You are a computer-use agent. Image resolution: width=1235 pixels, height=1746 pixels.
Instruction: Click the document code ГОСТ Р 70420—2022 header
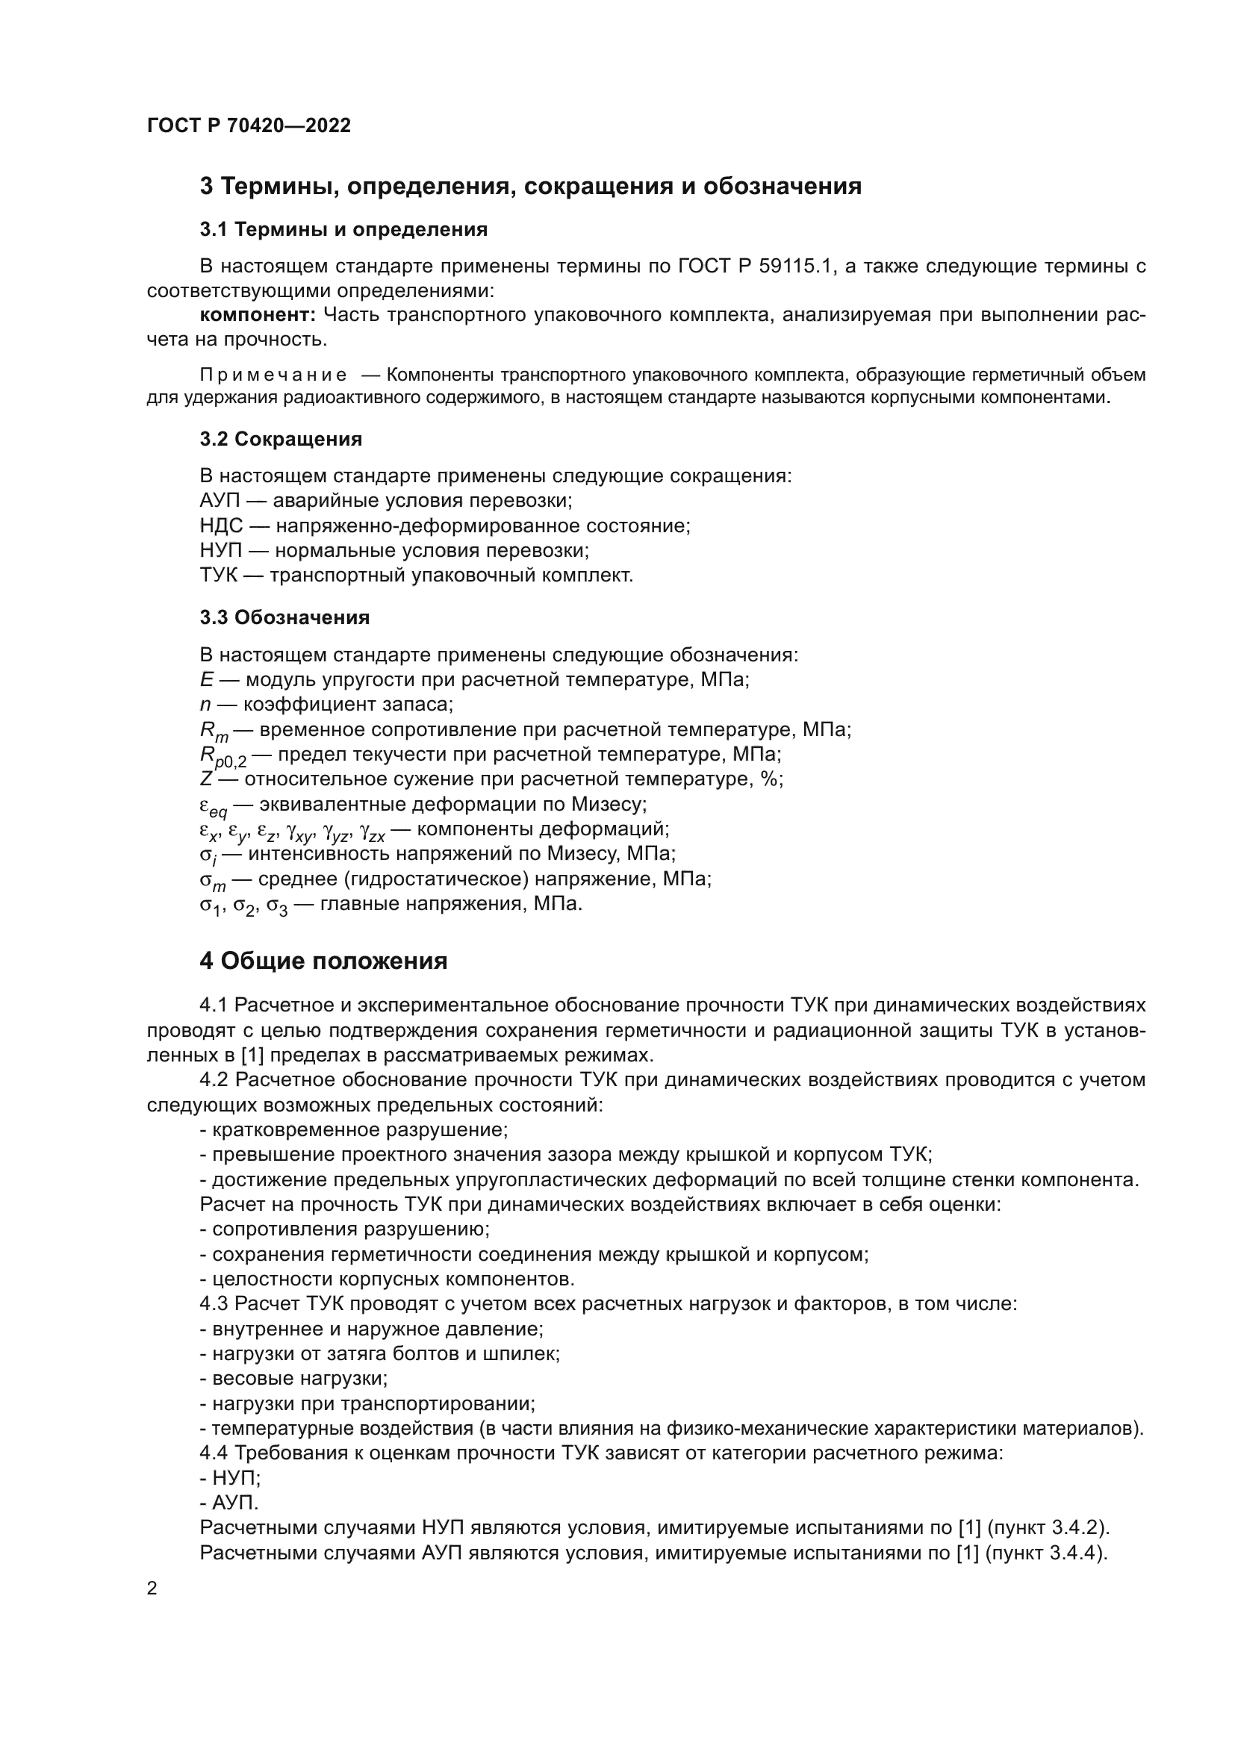[x=249, y=125]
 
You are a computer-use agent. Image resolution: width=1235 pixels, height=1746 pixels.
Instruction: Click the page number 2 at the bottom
[x=152, y=1588]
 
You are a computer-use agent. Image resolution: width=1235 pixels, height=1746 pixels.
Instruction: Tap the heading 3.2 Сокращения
[x=281, y=439]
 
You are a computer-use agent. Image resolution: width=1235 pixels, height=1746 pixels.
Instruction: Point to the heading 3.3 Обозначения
[x=284, y=617]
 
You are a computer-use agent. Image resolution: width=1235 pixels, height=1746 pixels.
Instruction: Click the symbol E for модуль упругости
[x=206, y=679]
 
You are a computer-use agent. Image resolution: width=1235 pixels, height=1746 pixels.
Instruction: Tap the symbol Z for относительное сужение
[x=206, y=779]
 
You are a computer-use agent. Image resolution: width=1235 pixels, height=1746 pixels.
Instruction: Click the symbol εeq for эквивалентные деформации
[x=213, y=806]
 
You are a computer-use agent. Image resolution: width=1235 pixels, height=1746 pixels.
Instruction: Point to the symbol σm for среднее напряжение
[x=213, y=881]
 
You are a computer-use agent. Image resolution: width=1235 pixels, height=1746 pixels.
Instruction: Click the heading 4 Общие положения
[x=323, y=961]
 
